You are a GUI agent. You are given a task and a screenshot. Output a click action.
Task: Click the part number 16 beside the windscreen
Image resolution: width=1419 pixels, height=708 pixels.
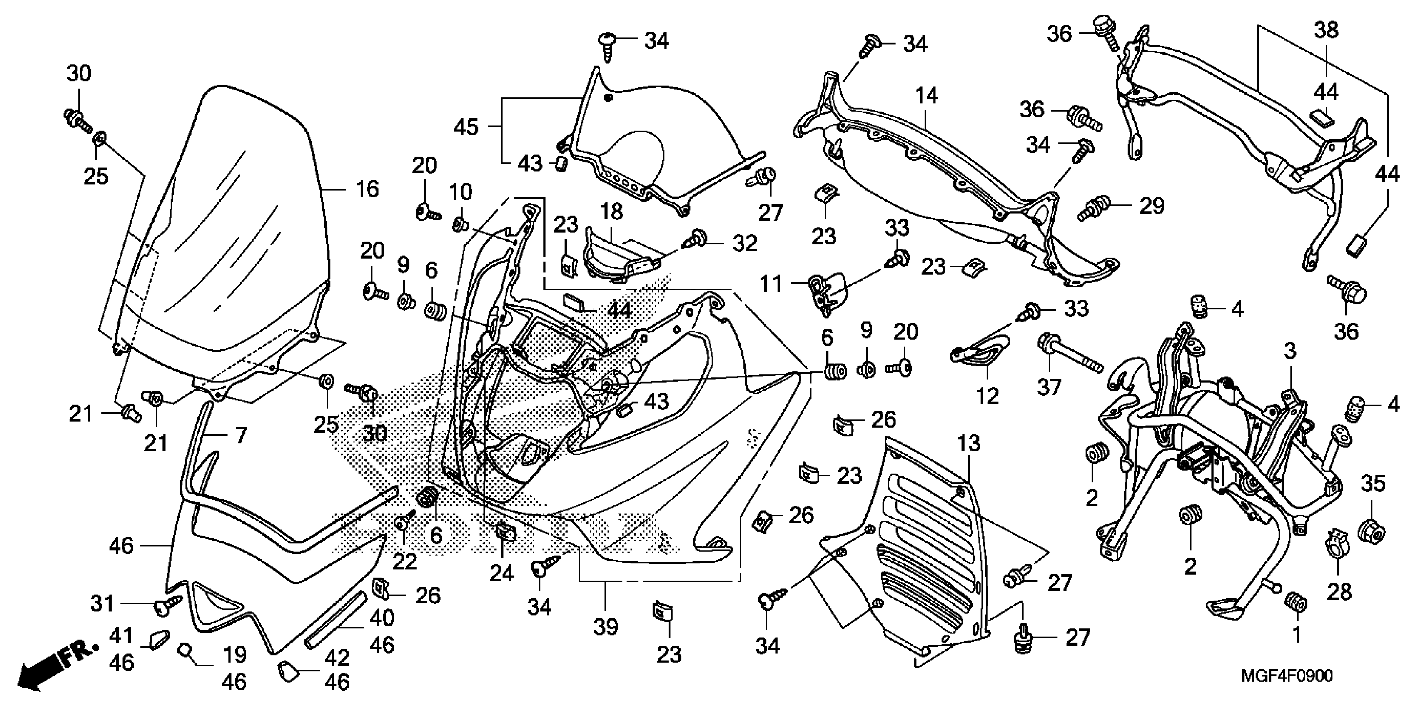(x=367, y=189)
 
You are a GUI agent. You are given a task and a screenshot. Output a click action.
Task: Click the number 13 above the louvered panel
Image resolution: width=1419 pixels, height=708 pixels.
(x=968, y=444)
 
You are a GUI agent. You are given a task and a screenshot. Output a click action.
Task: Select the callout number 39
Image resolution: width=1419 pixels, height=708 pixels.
(x=606, y=626)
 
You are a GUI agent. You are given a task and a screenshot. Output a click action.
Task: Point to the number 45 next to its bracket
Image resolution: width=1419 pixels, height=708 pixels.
(x=466, y=127)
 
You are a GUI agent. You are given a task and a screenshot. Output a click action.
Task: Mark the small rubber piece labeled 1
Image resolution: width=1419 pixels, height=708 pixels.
(x=1296, y=602)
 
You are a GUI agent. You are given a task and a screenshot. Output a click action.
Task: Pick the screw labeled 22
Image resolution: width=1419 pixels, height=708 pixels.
(x=405, y=522)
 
